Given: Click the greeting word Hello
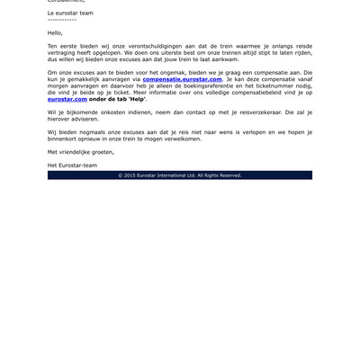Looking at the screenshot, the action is click(56, 31).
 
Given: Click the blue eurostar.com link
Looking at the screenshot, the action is click(67, 99).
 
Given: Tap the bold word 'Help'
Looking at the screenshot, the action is click(138, 99).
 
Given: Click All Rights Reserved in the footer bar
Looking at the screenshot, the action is click(220, 175).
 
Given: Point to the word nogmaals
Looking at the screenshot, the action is click(89, 131).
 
